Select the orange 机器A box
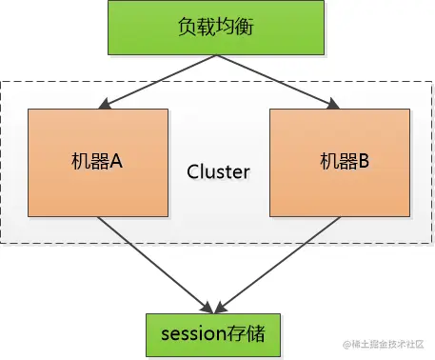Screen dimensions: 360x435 (x=98, y=162)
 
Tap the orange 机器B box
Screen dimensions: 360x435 (x=338, y=162)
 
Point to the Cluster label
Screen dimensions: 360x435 (x=218, y=172)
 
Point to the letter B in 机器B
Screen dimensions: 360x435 (x=361, y=162)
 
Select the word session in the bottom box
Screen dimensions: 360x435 (x=188, y=334)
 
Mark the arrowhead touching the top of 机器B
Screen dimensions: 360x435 (x=329, y=104)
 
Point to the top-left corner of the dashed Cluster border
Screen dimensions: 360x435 (x=3, y=82)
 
